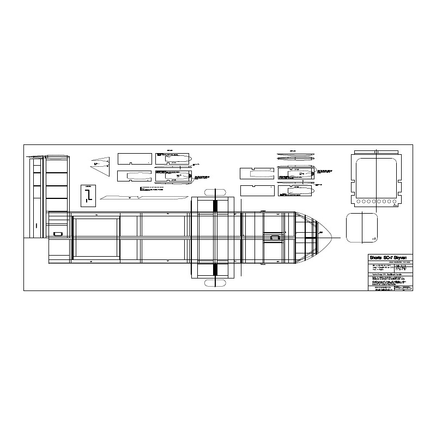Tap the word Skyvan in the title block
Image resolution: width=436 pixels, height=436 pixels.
tap(404, 257)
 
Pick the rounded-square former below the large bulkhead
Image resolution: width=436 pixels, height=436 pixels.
tap(362, 228)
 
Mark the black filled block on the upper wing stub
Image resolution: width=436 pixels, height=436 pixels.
tap(215, 205)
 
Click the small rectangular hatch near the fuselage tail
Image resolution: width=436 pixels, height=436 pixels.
tap(58, 234)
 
